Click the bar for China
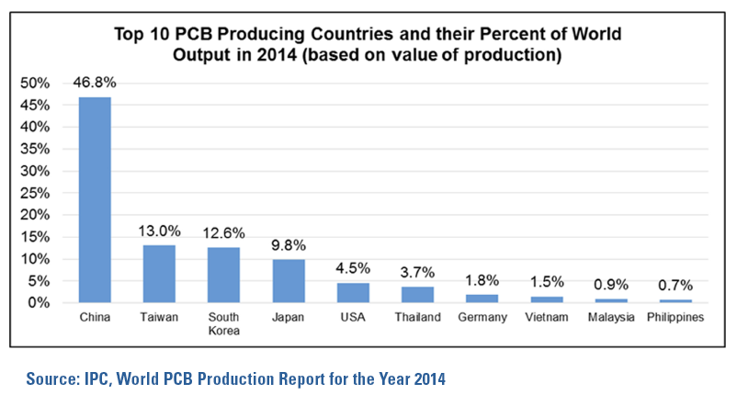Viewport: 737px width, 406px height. (95, 199)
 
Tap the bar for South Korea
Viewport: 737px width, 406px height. (223, 275)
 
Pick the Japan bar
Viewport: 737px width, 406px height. (288, 281)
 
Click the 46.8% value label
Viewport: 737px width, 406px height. (95, 83)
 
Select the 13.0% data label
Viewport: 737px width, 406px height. (159, 231)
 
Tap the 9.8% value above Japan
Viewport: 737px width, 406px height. (288, 245)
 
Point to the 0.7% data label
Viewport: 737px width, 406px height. (675, 286)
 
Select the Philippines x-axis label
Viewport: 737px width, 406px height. (675, 318)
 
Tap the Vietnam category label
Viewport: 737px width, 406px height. (546, 318)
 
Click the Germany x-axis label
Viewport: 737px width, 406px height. (482, 318)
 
